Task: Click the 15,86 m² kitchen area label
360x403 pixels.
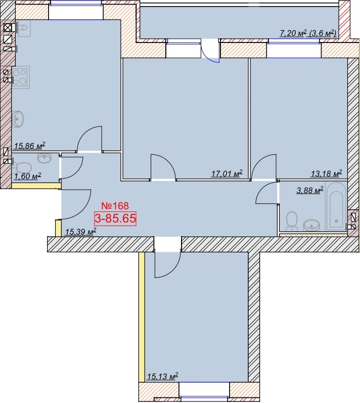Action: tap(29, 146)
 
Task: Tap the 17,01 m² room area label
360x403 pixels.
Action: tap(227, 174)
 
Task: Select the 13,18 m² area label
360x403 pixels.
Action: tap(326, 173)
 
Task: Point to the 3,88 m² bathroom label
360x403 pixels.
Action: tap(309, 190)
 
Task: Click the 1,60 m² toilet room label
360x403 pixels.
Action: tap(28, 176)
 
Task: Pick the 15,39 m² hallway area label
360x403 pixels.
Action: tap(80, 232)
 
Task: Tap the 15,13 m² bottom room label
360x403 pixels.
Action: tap(162, 377)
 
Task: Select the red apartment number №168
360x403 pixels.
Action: tap(115, 206)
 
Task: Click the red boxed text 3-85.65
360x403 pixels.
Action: tap(115, 219)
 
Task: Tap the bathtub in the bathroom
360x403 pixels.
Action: tap(336, 206)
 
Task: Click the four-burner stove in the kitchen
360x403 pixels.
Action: tap(21, 77)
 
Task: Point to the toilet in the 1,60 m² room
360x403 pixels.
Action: tap(22, 167)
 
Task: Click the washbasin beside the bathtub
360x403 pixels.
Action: tap(311, 226)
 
